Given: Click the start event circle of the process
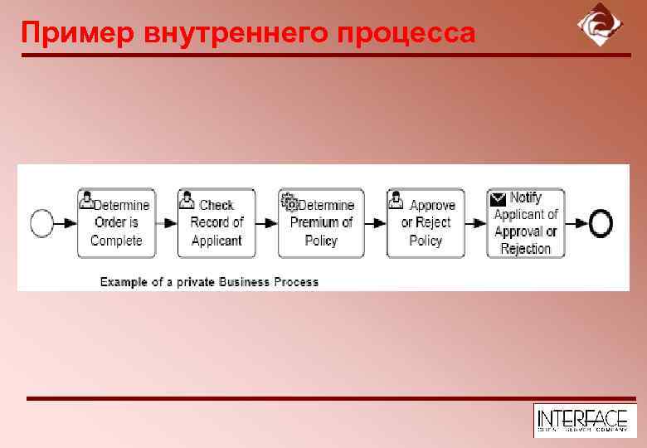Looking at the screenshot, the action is pos(41,222).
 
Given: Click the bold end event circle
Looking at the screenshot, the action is pos(601,222).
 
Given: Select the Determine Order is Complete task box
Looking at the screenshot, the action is pos(115,222).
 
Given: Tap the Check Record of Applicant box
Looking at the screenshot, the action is pos(216,222).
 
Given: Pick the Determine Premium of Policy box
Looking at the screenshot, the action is pos(321,222).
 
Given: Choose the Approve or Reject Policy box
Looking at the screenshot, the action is pos(425,222).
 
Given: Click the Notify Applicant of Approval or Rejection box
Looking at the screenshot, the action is pos(525,222).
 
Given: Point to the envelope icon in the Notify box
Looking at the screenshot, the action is pos(498,198).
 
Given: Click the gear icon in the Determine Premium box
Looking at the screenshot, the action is pos(289,200).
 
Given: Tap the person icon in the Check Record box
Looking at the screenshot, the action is pos(187,200).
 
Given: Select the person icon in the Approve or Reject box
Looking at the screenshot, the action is pos(396,200).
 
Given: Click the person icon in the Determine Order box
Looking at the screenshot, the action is pos(85,200).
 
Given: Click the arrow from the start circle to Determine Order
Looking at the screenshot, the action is pos(66,222).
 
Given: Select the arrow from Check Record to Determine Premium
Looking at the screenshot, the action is pos(265,222).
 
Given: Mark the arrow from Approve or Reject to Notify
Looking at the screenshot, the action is pos(475,222).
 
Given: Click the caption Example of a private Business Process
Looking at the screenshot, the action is pos(209,282).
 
